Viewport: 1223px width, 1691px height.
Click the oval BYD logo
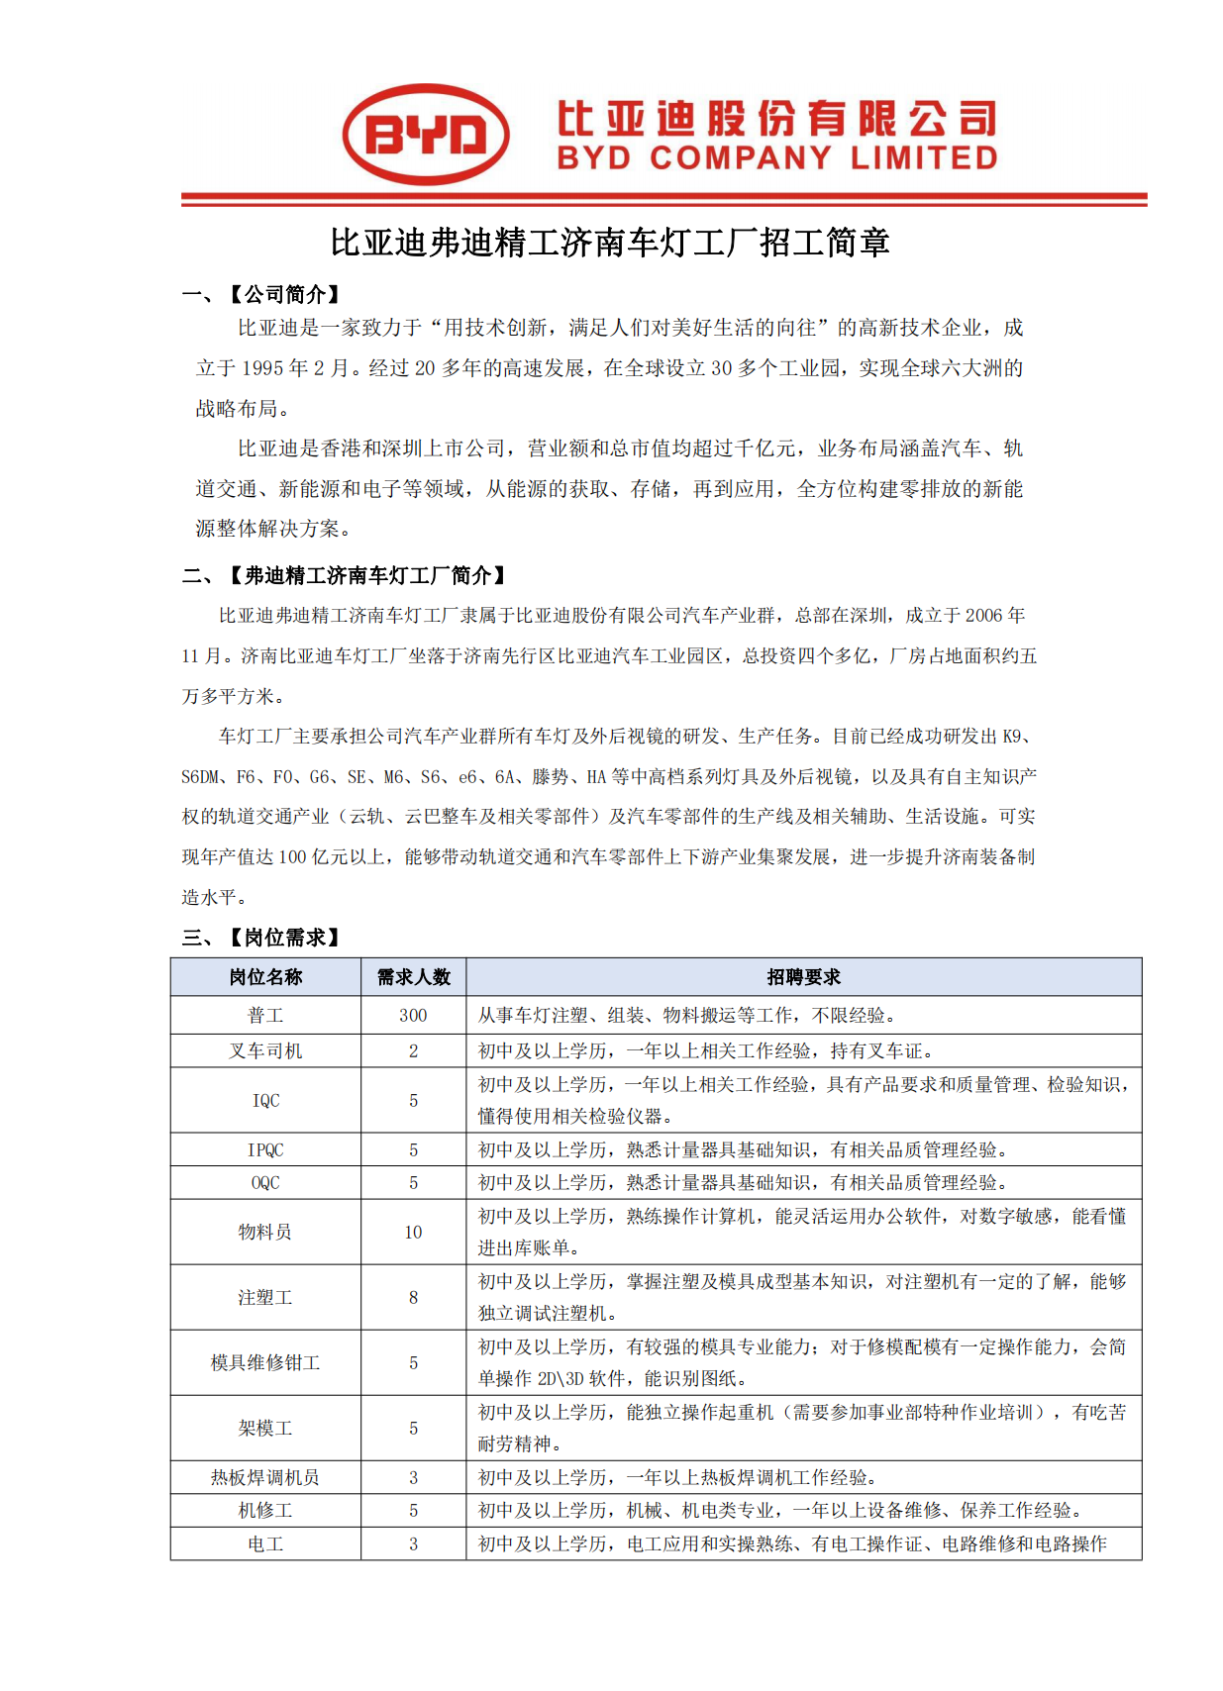(x=426, y=135)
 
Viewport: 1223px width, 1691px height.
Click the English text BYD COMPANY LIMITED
(x=776, y=158)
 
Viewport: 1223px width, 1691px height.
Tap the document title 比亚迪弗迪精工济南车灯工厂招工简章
(x=610, y=243)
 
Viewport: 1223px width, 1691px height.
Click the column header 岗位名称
(x=265, y=977)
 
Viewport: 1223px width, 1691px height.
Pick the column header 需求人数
(x=413, y=977)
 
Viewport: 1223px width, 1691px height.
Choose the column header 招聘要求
(x=803, y=977)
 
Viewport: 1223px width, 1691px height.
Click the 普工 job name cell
(x=265, y=1016)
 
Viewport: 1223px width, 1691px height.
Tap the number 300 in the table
(x=413, y=1016)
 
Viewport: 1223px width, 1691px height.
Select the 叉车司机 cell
(x=265, y=1051)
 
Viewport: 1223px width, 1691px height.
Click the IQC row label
(x=265, y=1101)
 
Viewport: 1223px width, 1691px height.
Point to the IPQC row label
(x=265, y=1150)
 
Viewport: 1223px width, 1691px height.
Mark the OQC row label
(x=265, y=1183)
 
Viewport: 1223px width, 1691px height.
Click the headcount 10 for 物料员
(x=413, y=1233)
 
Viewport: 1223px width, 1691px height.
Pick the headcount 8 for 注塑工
(x=413, y=1298)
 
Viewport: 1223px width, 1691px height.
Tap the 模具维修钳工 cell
(x=265, y=1363)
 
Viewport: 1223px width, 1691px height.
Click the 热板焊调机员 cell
(x=265, y=1478)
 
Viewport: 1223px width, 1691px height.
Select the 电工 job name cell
(x=265, y=1544)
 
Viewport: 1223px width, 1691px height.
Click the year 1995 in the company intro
(x=262, y=368)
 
